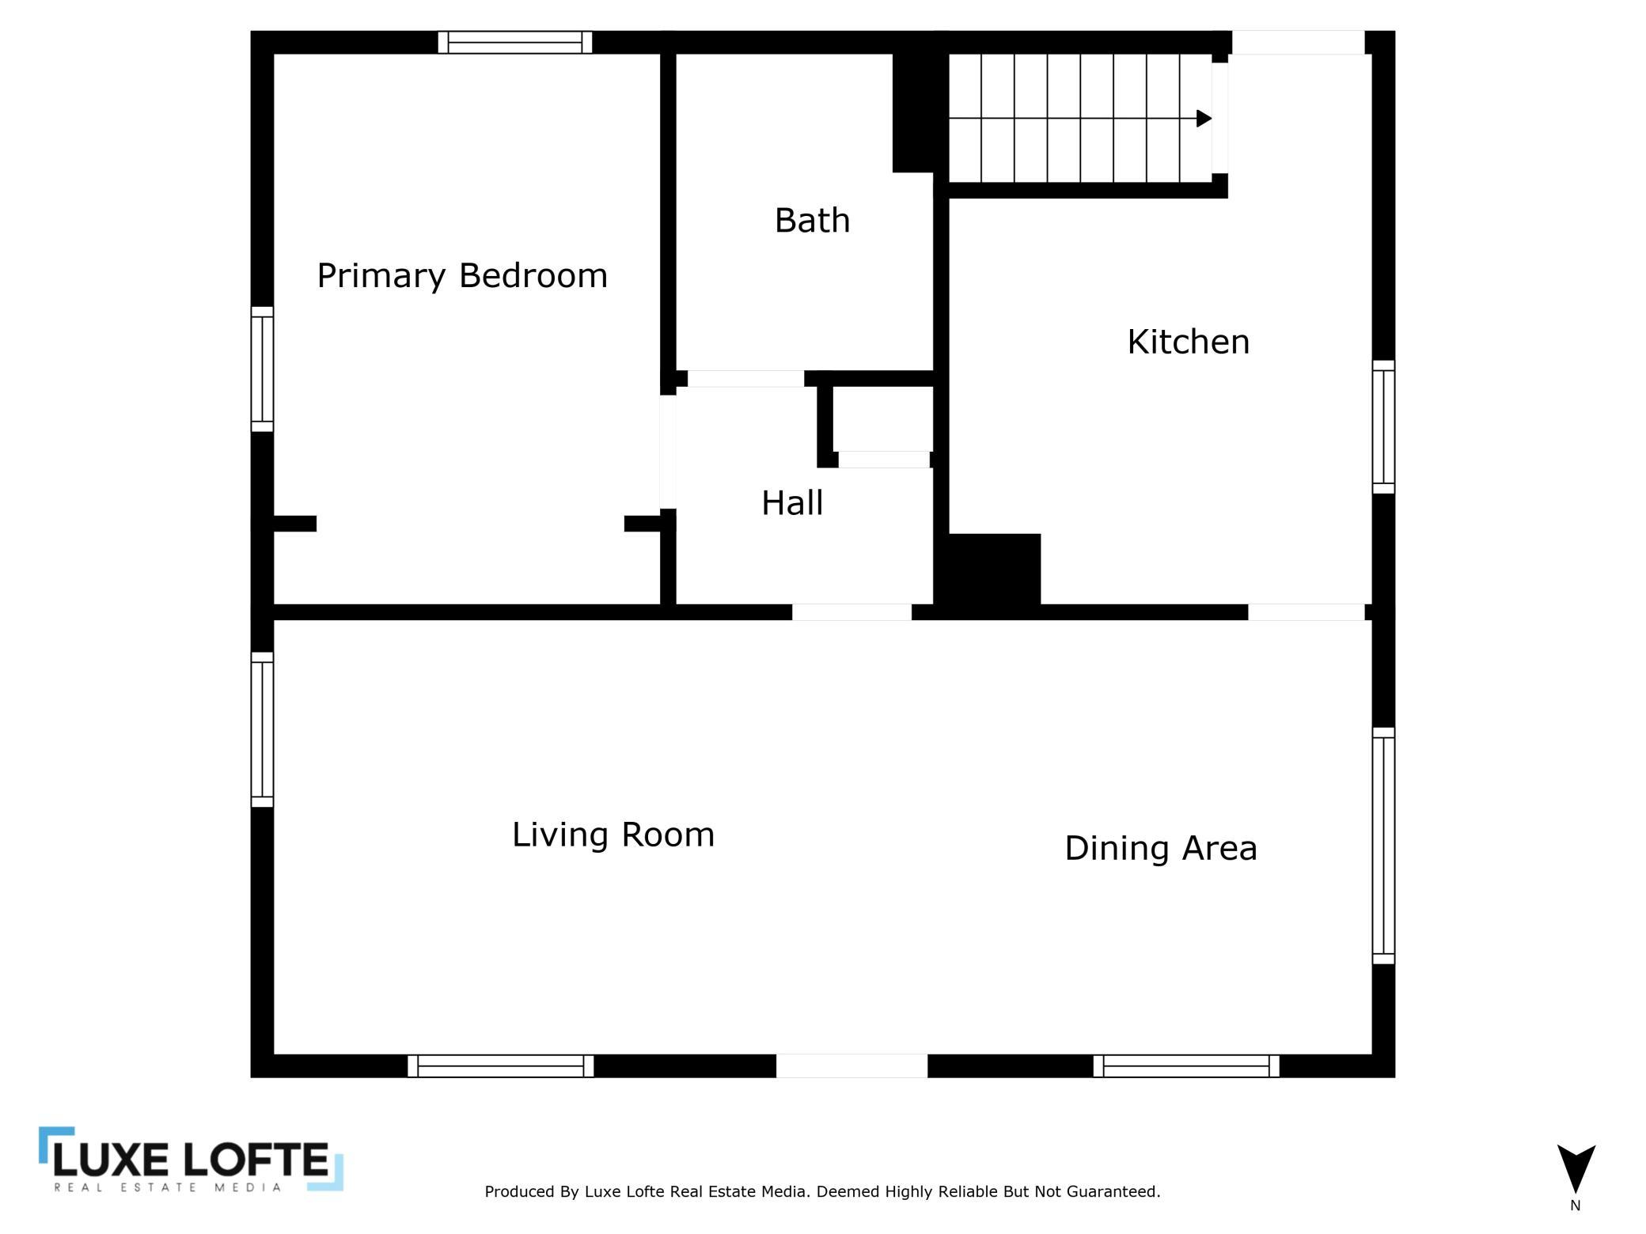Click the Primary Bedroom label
pyautogui.click(x=462, y=276)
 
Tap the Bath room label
pyautogui.click(x=812, y=220)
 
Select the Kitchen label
pyautogui.click(x=1188, y=342)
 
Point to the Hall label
pyautogui.click(x=792, y=503)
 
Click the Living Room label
pyautogui.click(x=613, y=835)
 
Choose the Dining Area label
pyautogui.click(x=1160, y=848)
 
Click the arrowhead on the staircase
pyautogui.click(x=1204, y=119)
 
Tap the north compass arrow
pyautogui.click(x=1576, y=1168)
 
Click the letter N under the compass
pyautogui.click(x=1575, y=1206)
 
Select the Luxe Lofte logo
pyautogui.click(x=191, y=1159)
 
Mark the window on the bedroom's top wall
pyautogui.click(x=515, y=43)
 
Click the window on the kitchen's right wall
pyautogui.click(x=1383, y=427)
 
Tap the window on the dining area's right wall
pyautogui.click(x=1383, y=846)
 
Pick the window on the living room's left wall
pyautogui.click(x=262, y=729)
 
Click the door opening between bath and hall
pyautogui.click(x=745, y=379)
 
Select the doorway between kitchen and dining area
pyautogui.click(x=1306, y=612)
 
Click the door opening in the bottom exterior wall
pyautogui.click(x=851, y=1066)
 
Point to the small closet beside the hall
pyautogui.click(x=882, y=419)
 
